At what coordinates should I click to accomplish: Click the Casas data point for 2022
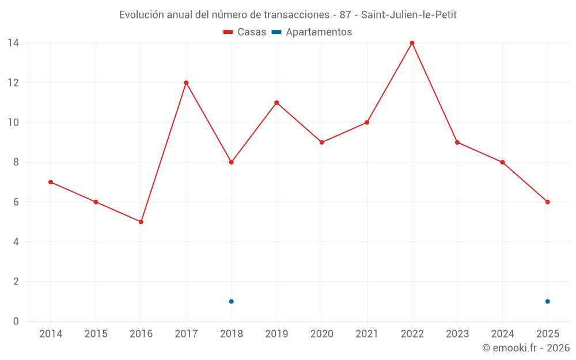click(412, 43)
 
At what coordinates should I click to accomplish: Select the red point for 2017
click(186, 82)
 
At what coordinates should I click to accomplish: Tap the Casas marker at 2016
click(141, 222)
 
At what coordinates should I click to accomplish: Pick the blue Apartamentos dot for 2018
click(231, 301)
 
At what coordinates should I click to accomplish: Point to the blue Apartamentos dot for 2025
click(547, 301)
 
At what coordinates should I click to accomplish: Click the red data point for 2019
click(276, 103)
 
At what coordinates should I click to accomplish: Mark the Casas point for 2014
click(51, 182)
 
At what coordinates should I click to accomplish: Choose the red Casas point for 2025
click(547, 202)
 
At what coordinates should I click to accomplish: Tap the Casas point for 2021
click(367, 122)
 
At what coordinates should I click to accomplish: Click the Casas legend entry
click(245, 32)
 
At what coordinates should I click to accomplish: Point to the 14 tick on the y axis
click(13, 43)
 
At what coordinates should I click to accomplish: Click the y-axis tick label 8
click(16, 162)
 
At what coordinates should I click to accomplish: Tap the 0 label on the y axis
click(16, 321)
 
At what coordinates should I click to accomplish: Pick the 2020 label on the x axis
click(321, 334)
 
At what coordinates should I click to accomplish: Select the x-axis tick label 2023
click(457, 334)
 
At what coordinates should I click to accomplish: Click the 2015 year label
click(96, 334)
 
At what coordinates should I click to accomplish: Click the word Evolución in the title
click(139, 15)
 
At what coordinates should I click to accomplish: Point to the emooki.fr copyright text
click(525, 348)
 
